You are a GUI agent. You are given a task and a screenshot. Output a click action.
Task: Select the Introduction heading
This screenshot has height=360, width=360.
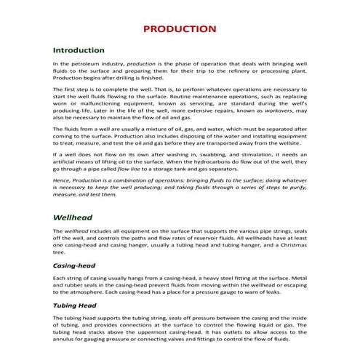pos(79,51)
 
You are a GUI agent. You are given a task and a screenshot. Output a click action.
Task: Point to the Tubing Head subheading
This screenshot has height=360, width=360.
pos(75,306)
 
